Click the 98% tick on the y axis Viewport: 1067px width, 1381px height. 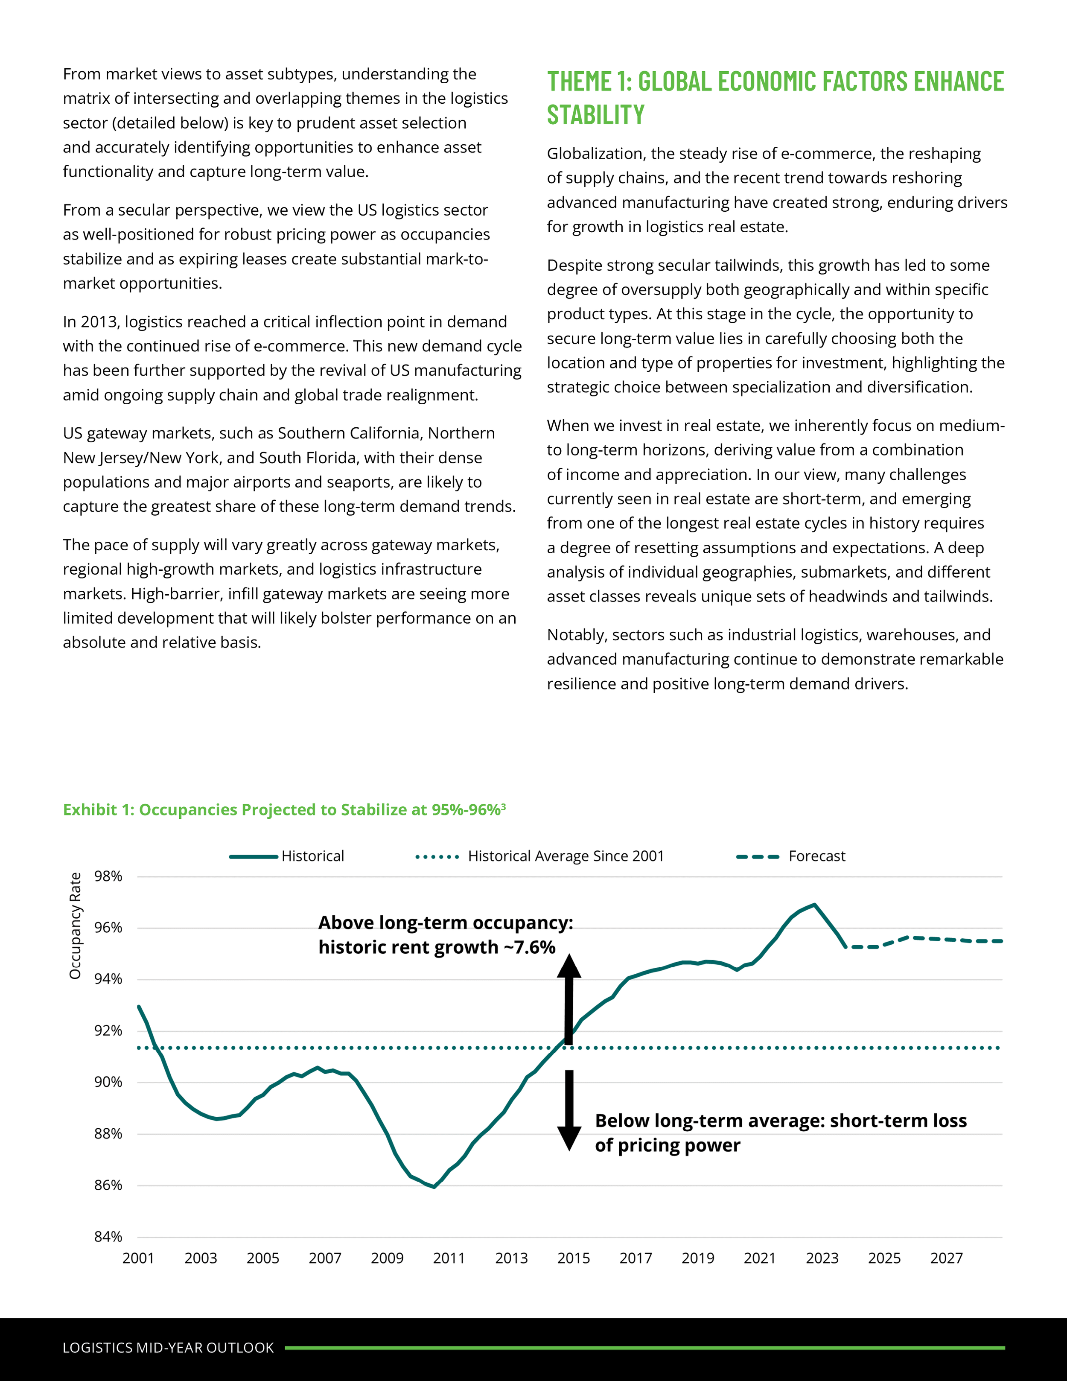coord(108,876)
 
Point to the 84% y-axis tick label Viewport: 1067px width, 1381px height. coord(108,1237)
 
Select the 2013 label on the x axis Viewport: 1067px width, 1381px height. coord(511,1258)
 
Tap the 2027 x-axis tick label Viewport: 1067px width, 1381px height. coord(946,1258)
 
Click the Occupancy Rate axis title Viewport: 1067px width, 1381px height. coord(75,926)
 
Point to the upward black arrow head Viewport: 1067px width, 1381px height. coord(569,966)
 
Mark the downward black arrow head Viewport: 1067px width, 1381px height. coord(569,1138)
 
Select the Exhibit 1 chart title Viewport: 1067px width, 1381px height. coord(284,810)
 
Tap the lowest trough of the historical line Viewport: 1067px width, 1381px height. coord(434,1186)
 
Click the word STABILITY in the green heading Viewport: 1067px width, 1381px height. coord(595,115)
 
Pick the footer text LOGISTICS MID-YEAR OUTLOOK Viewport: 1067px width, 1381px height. coord(168,1347)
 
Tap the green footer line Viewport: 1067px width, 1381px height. coord(645,1347)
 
